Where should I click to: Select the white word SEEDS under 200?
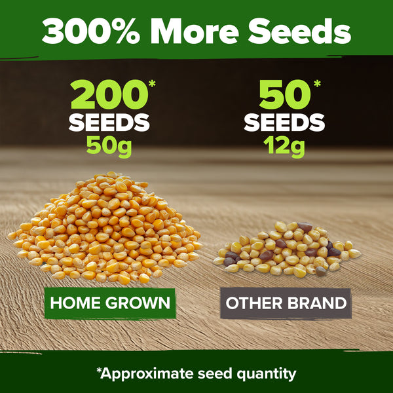pos(109,122)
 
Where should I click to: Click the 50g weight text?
pos(109,145)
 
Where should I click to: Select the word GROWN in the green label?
pos(141,303)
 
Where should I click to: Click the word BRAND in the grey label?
pos(318,304)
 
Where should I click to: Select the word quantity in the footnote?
pos(267,375)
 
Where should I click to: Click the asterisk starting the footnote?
pos(99,371)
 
